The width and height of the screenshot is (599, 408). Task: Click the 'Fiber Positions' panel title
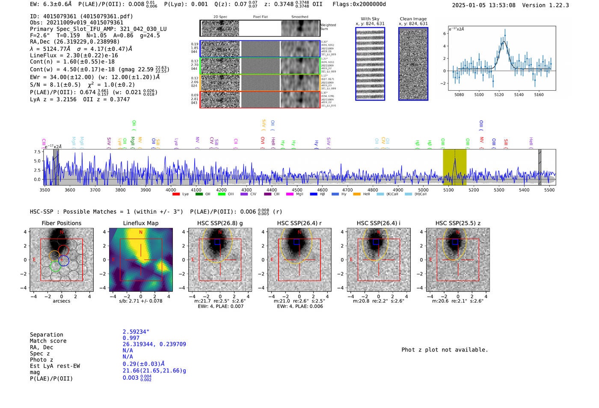coord(61,223)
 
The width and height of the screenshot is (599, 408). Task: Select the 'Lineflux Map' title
coord(140,223)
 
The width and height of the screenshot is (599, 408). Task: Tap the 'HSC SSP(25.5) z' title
coord(458,223)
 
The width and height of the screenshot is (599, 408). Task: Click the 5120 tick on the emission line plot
coord(499,95)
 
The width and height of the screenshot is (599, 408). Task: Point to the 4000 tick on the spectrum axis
coord(171,190)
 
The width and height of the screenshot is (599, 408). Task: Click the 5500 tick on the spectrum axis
coord(549,190)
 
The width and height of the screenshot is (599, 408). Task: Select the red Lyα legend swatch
coord(176,194)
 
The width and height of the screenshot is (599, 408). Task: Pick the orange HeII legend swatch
coord(357,194)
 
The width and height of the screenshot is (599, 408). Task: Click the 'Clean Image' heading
coord(413,19)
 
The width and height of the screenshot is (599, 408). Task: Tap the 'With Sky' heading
coord(370,19)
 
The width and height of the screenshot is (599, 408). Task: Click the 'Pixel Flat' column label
coord(260,17)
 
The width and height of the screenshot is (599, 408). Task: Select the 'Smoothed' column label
coord(299,17)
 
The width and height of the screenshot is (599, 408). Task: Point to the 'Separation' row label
coord(46,335)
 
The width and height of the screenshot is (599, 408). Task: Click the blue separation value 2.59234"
coord(136,332)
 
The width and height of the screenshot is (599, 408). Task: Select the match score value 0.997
coord(131,338)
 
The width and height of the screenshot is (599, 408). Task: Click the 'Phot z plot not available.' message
coord(445,350)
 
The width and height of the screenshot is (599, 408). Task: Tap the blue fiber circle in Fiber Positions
coord(64,260)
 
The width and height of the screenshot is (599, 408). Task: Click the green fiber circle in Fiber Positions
coord(55,266)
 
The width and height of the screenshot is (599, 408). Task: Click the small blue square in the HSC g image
coord(217,242)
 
